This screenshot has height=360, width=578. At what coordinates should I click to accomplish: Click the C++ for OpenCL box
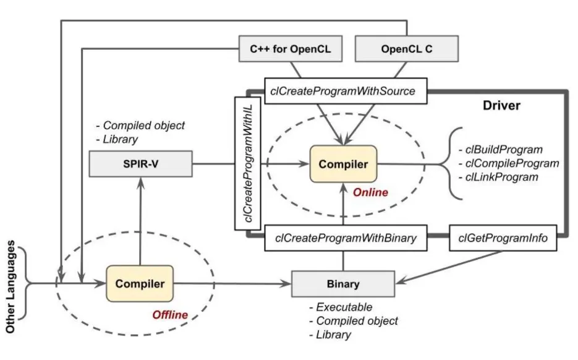click(x=290, y=48)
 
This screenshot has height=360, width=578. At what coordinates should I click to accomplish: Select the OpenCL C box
click(x=406, y=48)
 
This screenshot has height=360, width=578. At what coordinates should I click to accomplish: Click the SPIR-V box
click(x=141, y=165)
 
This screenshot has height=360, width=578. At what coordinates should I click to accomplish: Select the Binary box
click(x=343, y=284)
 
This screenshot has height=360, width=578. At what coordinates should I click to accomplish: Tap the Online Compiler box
click(x=343, y=165)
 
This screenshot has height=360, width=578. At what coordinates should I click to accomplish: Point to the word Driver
click(x=501, y=106)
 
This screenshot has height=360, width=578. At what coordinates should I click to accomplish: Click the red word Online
click(x=370, y=192)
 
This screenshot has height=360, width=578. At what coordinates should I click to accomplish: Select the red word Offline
click(x=170, y=315)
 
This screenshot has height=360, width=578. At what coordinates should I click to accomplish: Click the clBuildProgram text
click(x=501, y=149)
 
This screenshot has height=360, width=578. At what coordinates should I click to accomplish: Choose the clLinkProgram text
click(x=499, y=178)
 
